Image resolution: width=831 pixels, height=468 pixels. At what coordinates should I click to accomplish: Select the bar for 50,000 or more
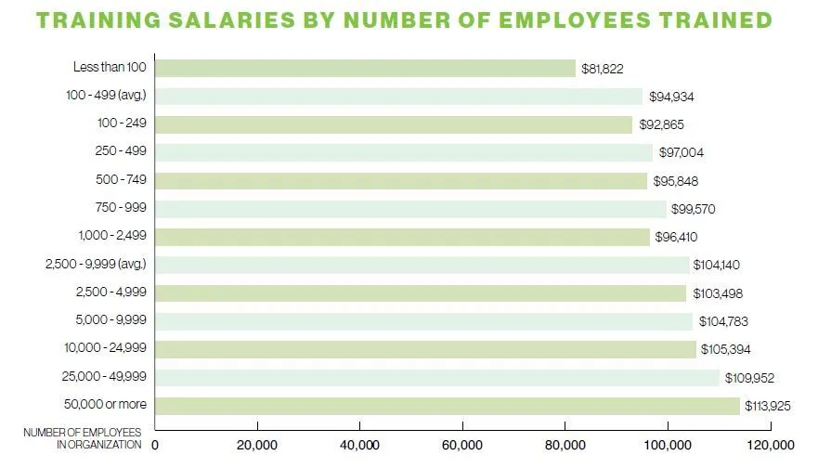tap(448, 406)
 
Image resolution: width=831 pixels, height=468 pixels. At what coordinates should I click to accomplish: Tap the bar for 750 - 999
tap(410, 209)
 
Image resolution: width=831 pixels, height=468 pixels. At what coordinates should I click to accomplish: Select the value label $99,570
tap(695, 210)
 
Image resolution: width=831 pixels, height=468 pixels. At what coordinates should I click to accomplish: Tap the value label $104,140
tap(717, 266)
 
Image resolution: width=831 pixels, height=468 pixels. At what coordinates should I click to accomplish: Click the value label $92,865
tap(662, 124)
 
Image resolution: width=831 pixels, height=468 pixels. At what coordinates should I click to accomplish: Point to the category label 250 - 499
tap(121, 151)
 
